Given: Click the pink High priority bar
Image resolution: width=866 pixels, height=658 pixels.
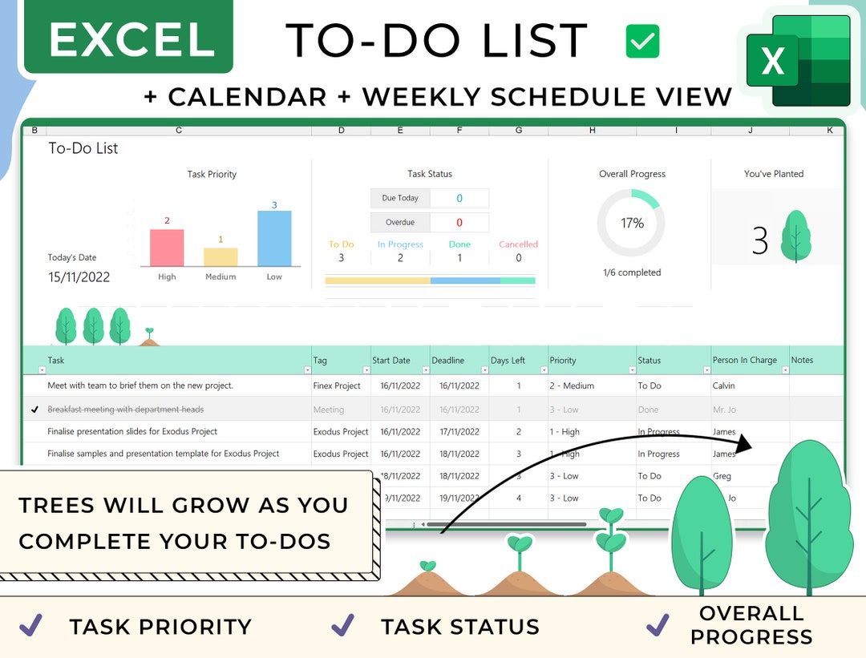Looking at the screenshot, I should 167,248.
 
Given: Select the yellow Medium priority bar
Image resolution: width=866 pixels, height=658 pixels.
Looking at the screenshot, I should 221,256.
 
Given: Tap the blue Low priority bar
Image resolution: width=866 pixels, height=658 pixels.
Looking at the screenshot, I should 274,238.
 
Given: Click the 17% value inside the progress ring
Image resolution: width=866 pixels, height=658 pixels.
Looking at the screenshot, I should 632,223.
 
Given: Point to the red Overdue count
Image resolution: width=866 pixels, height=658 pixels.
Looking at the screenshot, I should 459,222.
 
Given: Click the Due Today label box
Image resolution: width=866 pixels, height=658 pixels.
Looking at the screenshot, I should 400,198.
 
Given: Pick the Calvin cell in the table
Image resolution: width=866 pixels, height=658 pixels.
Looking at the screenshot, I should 723,386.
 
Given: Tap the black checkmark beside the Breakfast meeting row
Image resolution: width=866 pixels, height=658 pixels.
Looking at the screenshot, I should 34,410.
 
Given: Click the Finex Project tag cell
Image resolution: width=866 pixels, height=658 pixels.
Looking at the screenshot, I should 337,386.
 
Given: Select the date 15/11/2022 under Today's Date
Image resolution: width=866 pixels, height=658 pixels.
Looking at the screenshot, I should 79,277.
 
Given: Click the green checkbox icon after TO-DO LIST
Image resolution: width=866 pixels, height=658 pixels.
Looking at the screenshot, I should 642,41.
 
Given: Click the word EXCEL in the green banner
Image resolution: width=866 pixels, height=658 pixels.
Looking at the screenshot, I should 131,39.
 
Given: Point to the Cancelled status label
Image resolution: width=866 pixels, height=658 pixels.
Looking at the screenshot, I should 518,244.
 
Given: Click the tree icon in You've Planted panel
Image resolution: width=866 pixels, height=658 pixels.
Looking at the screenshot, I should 795,236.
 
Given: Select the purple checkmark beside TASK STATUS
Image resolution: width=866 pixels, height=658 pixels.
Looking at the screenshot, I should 342,625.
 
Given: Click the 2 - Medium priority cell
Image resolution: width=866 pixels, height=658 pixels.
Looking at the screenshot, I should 572,386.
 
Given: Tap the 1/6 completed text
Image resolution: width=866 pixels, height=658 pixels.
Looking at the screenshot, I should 632,272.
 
